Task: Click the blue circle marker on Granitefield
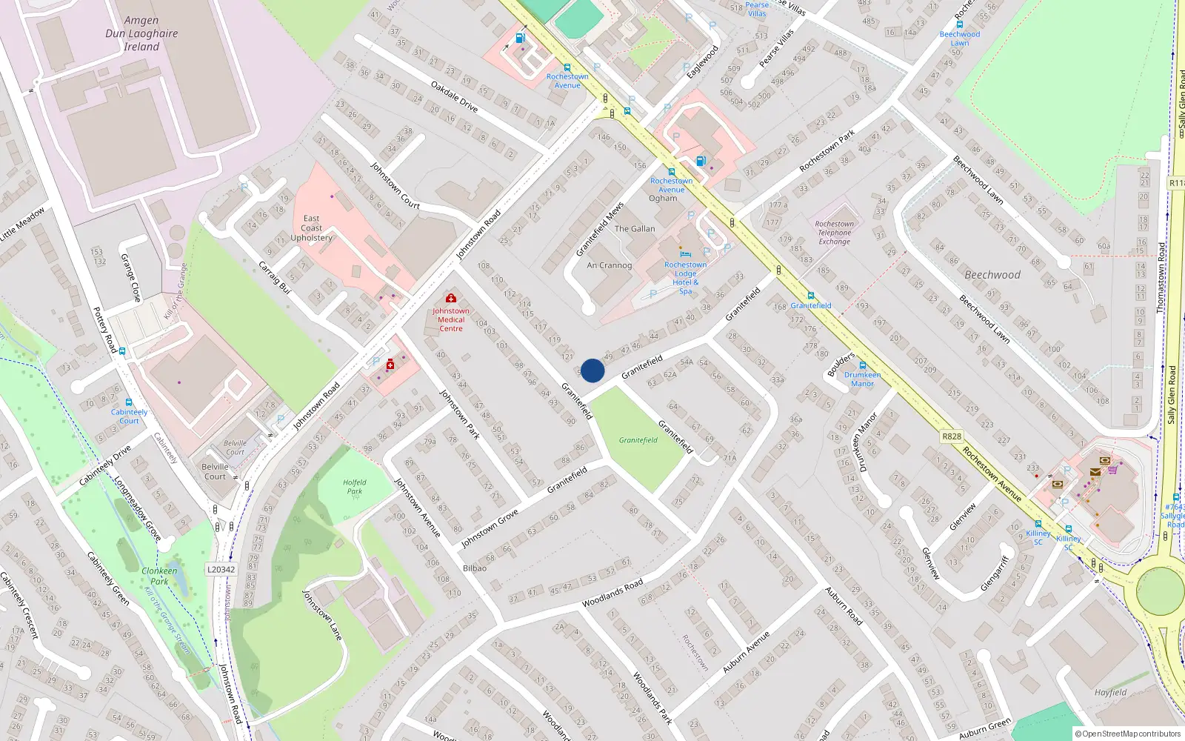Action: pyautogui.click(x=592, y=370)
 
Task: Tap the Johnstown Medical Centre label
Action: pyautogui.click(x=451, y=319)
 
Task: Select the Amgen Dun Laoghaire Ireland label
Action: pyautogui.click(x=141, y=33)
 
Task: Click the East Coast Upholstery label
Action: pyautogui.click(x=311, y=228)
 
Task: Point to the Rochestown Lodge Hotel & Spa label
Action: pyautogui.click(x=685, y=277)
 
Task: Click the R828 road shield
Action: pyautogui.click(x=952, y=436)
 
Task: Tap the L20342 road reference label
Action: pyautogui.click(x=221, y=570)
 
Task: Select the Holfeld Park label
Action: pyautogui.click(x=355, y=487)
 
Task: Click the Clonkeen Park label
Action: pyautogui.click(x=159, y=576)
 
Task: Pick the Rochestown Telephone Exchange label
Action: pyautogui.click(x=834, y=233)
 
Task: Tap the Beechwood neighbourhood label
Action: pyautogui.click(x=992, y=275)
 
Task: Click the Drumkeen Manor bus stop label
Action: pyautogui.click(x=862, y=379)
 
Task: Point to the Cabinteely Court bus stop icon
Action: pyautogui.click(x=129, y=402)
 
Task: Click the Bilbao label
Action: pyautogui.click(x=475, y=568)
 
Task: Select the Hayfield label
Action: pyautogui.click(x=1110, y=693)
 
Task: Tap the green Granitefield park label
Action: pyautogui.click(x=638, y=440)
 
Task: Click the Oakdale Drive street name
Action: pyautogui.click(x=454, y=97)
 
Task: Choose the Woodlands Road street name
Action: pyautogui.click(x=612, y=594)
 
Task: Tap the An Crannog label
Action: pyautogui.click(x=610, y=265)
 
